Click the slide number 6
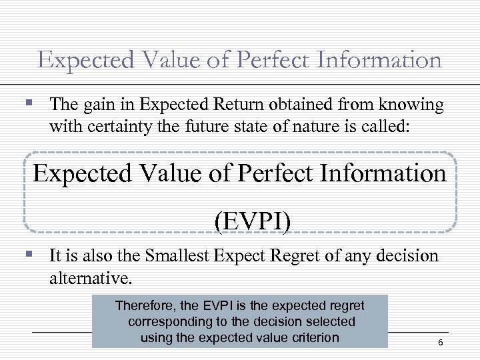440,342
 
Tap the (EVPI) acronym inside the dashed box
253,221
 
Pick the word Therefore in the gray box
145,305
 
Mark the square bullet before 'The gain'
27,103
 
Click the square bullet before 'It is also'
27,254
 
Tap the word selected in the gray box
331,321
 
